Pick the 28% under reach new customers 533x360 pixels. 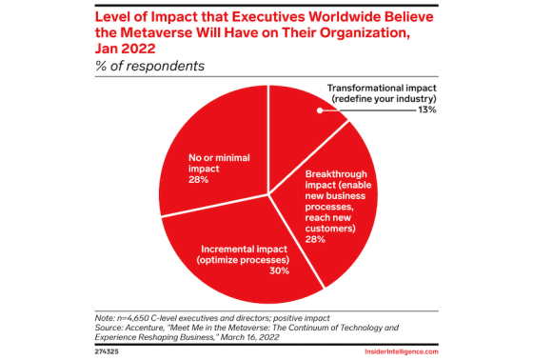click(315, 239)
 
